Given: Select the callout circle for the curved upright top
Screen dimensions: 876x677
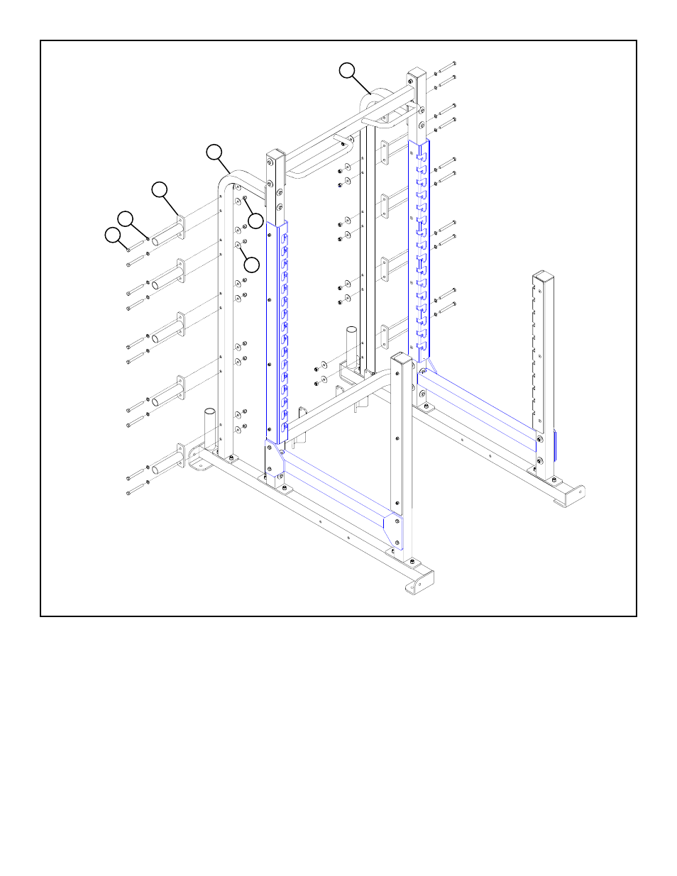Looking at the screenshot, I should tap(214, 152).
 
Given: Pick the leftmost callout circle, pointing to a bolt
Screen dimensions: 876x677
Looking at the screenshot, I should tap(113, 235).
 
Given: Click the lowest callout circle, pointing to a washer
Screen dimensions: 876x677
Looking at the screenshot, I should tap(251, 265).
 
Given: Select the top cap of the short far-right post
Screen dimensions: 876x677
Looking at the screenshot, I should tap(543, 275).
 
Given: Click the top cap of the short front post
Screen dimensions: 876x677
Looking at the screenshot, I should tap(402, 358).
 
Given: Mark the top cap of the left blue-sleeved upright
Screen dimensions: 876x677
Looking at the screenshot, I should tap(275, 155).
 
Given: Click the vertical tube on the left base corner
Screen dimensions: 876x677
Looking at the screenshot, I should tap(210, 426).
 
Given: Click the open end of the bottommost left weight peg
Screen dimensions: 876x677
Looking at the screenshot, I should tap(155, 467).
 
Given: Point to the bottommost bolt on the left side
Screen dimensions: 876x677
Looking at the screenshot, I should tap(135, 490).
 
